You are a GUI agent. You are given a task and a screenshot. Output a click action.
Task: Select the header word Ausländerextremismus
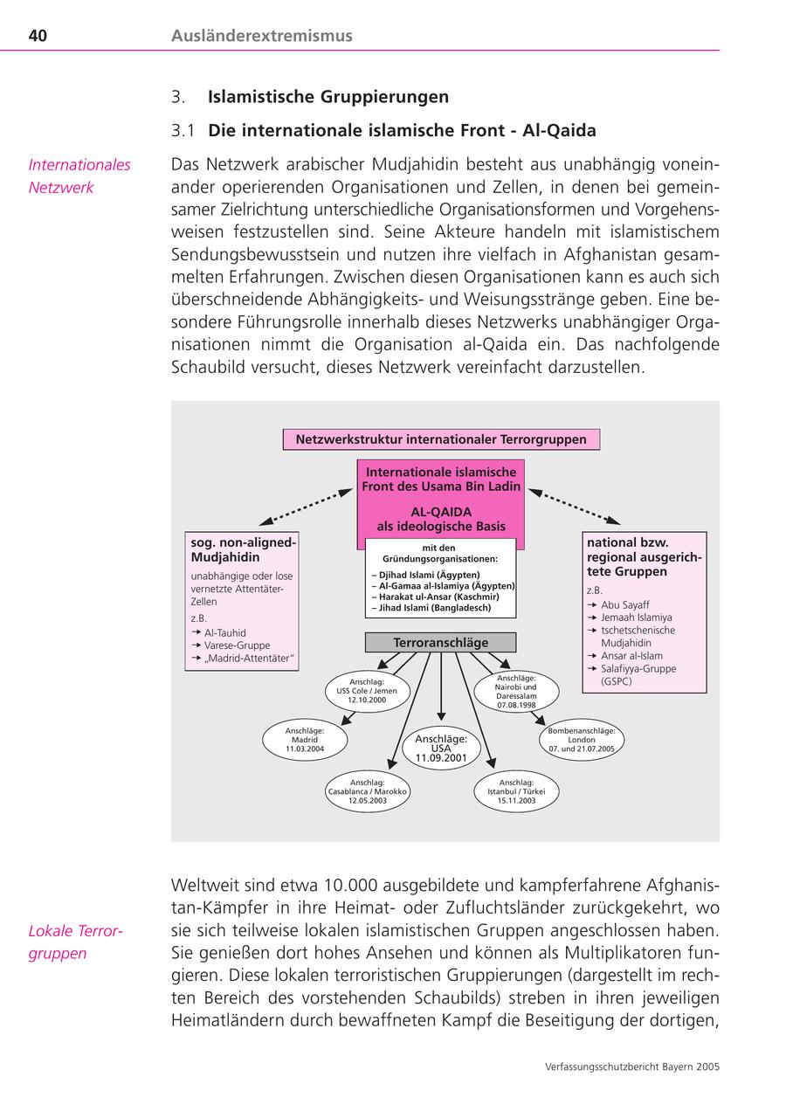point(262,36)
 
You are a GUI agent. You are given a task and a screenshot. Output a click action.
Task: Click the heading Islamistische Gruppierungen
point(328,97)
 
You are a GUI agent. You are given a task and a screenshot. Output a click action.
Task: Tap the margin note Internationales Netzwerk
point(79,176)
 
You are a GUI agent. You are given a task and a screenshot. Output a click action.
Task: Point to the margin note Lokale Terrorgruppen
point(75,942)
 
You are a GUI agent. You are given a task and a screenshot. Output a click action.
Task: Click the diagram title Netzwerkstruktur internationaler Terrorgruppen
point(441,439)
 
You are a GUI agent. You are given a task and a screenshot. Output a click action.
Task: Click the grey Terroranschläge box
point(441,643)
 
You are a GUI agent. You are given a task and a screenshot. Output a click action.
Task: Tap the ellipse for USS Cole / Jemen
point(367,691)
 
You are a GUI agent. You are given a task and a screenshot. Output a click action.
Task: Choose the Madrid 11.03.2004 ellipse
point(305,740)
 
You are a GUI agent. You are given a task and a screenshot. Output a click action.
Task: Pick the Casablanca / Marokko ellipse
point(367,791)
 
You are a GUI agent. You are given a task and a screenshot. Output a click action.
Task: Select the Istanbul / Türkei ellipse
point(516,791)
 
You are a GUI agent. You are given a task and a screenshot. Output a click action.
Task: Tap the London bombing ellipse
point(582,740)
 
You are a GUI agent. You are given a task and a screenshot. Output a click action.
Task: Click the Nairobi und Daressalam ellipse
point(516,691)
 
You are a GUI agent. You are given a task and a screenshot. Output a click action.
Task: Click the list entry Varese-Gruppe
point(237,645)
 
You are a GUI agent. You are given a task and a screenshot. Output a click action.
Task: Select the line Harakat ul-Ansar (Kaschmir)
point(428,597)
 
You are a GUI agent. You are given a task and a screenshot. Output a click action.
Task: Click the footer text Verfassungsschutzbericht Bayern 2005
point(631,1066)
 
